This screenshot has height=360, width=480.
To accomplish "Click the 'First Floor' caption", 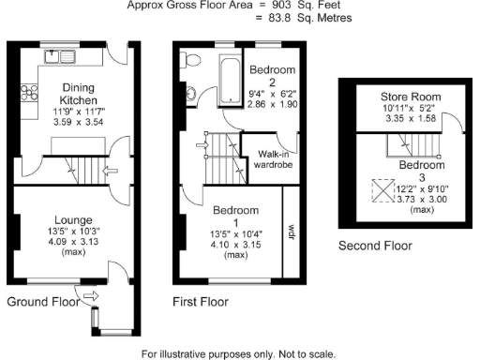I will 200,303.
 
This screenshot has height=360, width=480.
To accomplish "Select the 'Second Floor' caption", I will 374,246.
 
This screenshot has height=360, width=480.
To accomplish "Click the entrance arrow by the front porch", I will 91,298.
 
